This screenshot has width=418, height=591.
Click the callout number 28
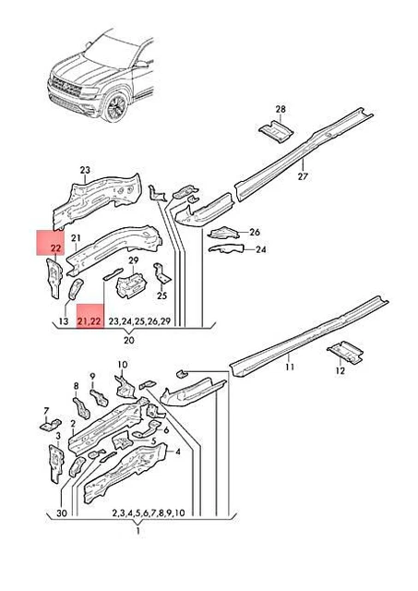point(281,109)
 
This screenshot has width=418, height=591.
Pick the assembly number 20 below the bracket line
point(129,341)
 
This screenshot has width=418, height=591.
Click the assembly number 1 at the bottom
point(137,533)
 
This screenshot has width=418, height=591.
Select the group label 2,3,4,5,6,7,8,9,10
point(149,513)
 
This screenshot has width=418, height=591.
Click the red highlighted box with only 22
point(49,243)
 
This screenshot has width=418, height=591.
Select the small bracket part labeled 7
point(45,426)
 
